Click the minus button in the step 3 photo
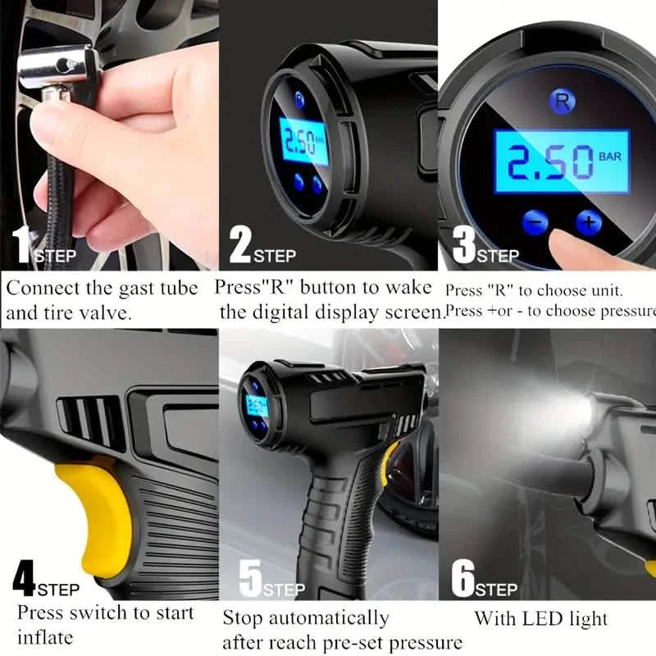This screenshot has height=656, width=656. [534, 221]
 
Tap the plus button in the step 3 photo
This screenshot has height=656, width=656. [588, 221]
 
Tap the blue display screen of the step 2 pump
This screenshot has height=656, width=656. [303, 141]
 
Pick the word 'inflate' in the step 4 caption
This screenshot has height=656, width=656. [45, 637]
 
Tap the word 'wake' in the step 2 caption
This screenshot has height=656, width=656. [414, 289]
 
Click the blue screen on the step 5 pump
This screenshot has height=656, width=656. [256, 404]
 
